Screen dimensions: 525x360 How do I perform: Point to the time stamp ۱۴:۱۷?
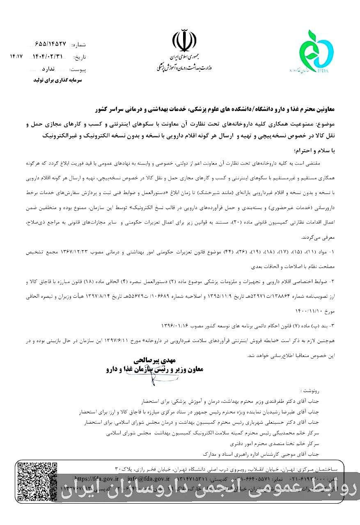click(x=16, y=56)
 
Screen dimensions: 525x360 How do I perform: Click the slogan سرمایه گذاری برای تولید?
click(x=57, y=81)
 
